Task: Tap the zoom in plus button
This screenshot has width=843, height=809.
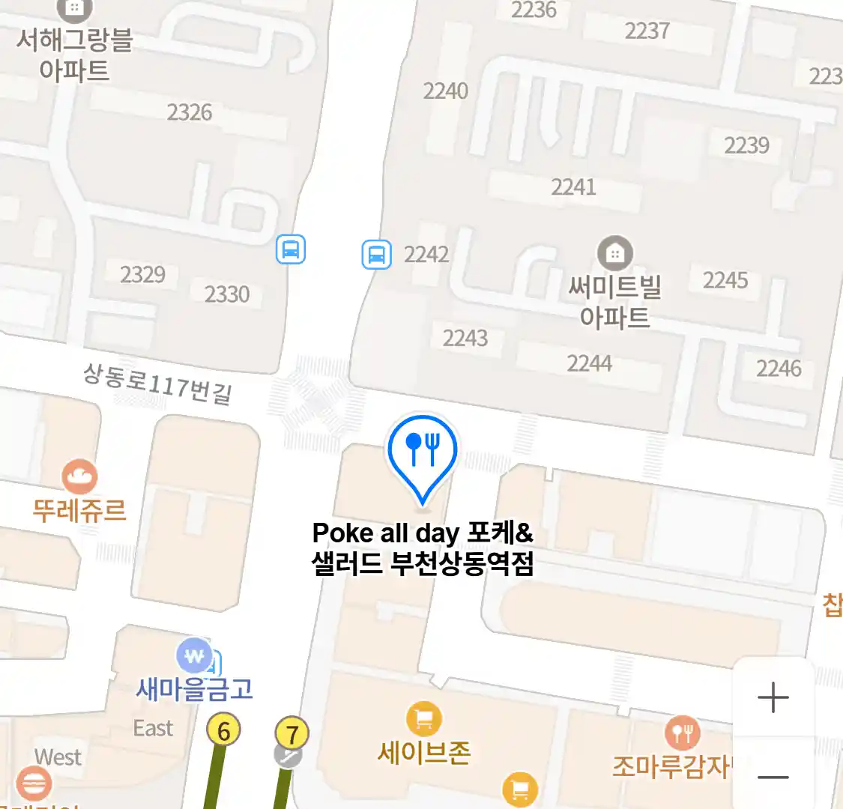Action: [x=773, y=698]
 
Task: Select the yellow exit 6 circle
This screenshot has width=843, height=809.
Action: [x=223, y=730]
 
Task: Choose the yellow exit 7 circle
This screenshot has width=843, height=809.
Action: [x=292, y=734]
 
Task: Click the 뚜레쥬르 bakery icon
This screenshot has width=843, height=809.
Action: [x=79, y=477]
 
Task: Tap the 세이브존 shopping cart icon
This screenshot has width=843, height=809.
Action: [x=423, y=719]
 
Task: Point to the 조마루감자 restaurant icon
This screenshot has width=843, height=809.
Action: [x=682, y=732]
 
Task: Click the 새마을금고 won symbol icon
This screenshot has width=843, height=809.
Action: [x=194, y=657]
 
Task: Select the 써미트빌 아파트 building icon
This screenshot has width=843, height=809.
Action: [x=614, y=254]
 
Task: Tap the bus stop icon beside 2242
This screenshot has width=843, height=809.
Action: [x=376, y=254]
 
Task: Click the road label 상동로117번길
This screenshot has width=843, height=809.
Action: [x=157, y=383]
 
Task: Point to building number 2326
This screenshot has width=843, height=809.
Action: [x=190, y=112]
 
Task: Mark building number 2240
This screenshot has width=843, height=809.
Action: [x=445, y=91]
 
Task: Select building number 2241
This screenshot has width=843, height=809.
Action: [x=573, y=187]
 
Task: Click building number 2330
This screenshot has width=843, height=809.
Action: [x=227, y=294]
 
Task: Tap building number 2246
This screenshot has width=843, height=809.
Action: [x=779, y=368]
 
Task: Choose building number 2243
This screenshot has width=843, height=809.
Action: [x=465, y=338]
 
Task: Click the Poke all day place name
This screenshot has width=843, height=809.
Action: [x=423, y=548]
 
